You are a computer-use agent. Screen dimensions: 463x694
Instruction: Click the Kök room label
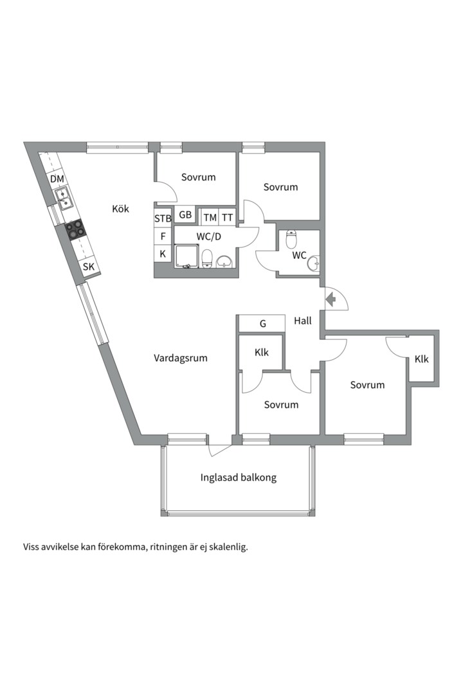(120, 208)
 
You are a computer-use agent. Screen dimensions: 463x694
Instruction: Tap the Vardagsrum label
(180, 358)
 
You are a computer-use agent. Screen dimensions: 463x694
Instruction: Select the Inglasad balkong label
(239, 477)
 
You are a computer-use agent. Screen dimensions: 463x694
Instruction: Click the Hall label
(303, 321)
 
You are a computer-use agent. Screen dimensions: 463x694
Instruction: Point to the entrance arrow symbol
(331, 299)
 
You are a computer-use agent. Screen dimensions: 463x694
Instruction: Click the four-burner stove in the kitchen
(75, 229)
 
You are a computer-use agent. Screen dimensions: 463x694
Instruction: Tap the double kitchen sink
(64, 199)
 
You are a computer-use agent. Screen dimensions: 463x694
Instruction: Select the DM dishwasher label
(57, 179)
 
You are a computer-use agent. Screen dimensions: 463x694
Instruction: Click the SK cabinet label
(89, 267)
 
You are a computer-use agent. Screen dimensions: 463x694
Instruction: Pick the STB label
(163, 218)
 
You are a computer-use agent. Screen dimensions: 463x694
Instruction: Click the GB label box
(185, 215)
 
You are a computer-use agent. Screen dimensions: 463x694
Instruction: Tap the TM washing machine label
(210, 217)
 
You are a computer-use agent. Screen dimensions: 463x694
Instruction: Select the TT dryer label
(227, 217)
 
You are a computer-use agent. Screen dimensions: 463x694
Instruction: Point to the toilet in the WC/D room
(207, 259)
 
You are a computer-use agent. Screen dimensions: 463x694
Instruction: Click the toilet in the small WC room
(291, 239)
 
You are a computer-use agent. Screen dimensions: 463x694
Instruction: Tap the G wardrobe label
(263, 324)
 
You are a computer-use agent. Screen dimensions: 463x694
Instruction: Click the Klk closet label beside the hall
(262, 352)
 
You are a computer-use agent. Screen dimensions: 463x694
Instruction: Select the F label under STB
(163, 236)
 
